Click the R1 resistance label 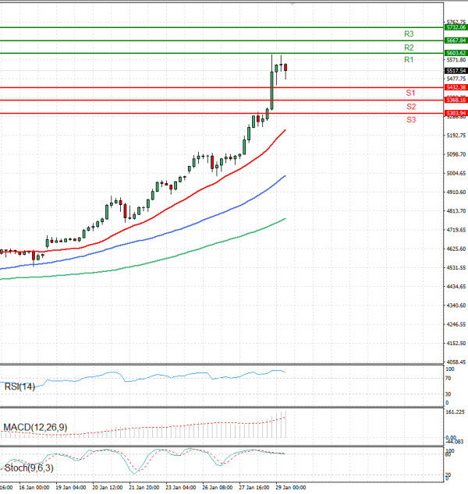point(409,60)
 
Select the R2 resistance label point(409,48)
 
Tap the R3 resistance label point(409,34)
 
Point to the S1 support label point(410,93)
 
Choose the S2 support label point(410,106)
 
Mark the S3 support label point(410,119)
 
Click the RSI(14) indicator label point(19,386)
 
